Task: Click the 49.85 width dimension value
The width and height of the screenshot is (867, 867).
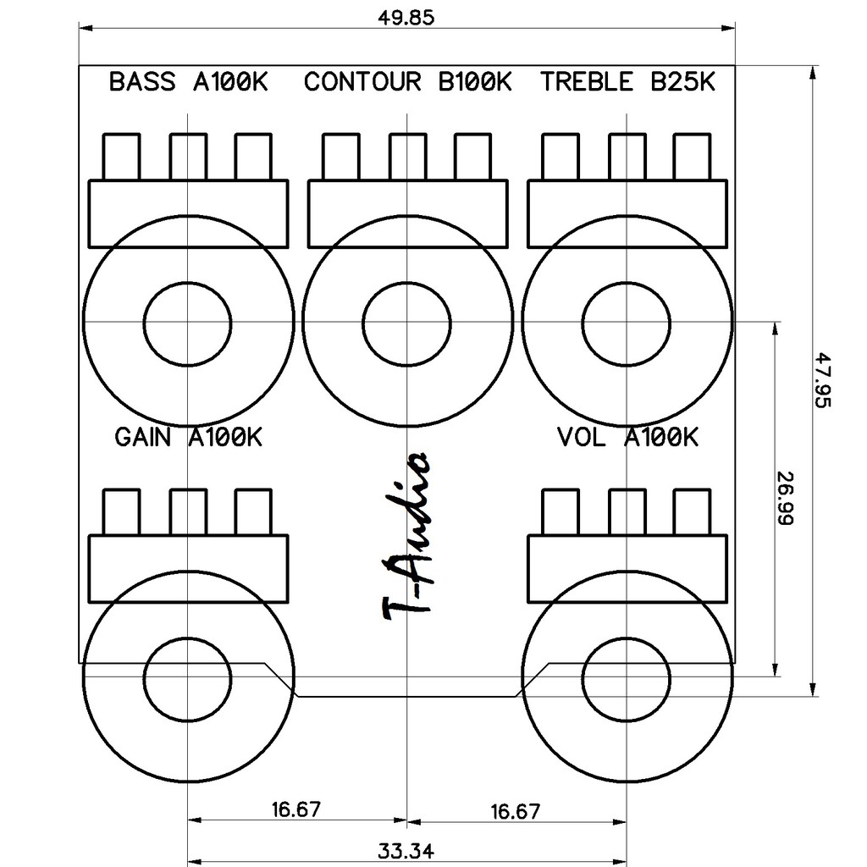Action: (406, 18)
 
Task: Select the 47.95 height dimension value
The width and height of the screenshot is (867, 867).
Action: (823, 380)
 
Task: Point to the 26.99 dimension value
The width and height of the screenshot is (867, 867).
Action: (785, 498)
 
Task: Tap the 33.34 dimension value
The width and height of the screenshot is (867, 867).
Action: (406, 850)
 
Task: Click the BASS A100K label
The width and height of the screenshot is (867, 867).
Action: (189, 82)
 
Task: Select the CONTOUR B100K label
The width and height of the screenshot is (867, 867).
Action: (408, 82)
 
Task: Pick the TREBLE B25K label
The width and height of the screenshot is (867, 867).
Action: (627, 82)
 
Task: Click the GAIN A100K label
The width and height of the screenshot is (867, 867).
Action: (188, 438)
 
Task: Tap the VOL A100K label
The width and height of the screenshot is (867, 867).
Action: (627, 438)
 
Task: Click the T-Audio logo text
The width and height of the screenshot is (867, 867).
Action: (406, 534)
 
